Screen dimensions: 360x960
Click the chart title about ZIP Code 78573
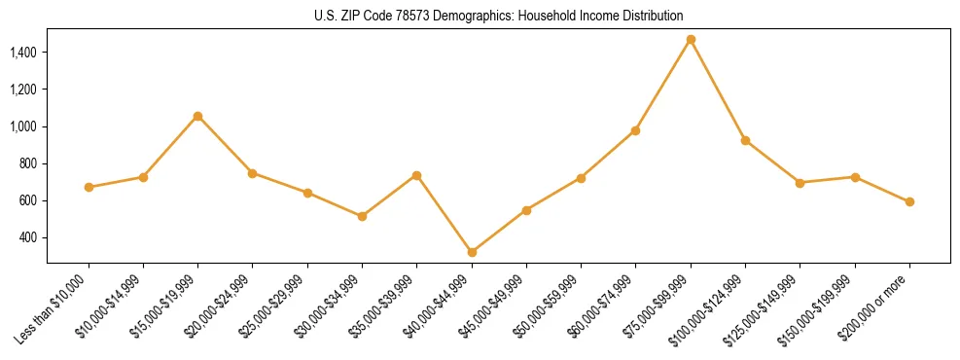click(x=498, y=16)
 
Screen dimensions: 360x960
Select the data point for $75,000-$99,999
click(x=691, y=40)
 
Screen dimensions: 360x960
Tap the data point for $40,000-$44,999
click(x=472, y=252)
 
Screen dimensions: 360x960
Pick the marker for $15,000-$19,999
click(x=198, y=116)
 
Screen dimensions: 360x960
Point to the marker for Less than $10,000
click(x=89, y=187)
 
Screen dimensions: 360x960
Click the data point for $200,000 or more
click(x=909, y=201)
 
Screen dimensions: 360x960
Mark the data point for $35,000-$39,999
click(x=417, y=175)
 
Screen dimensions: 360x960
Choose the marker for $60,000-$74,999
click(x=636, y=130)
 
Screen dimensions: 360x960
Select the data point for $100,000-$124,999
click(x=745, y=140)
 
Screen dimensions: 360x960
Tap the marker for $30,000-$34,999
click(x=362, y=216)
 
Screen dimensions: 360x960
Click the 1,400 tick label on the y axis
click(x=23, y=53)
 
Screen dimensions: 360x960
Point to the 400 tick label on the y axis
click(x=28, y=237)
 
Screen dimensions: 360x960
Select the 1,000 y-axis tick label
click(x=23, y=126)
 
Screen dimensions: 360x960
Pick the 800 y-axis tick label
click(x=28, y=163)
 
